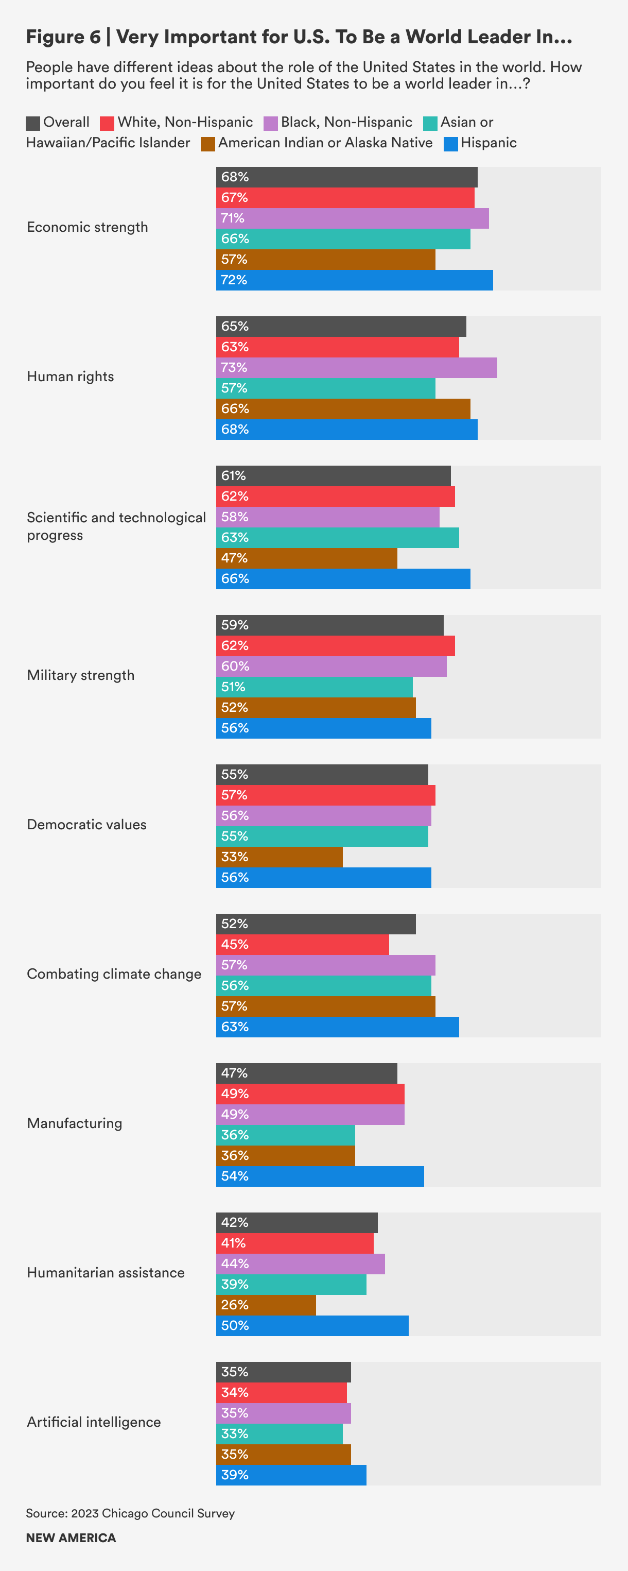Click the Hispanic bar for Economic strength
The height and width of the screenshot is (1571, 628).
point(354,280)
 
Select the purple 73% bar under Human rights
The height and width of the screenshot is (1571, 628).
point(356,368)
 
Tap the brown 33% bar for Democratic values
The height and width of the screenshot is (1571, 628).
point(279,857)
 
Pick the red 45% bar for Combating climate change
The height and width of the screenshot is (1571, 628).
point(302,945)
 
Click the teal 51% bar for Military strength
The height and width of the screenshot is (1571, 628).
point(314,687)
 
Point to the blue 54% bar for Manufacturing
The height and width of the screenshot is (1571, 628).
point(320,1176)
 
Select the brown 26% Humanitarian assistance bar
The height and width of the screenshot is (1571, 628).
point(266,1305)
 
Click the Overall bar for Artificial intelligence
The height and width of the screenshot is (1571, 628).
point(284,1372)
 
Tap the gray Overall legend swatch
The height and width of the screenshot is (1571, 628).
point(33,123)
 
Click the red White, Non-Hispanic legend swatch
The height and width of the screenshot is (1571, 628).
point(107,123)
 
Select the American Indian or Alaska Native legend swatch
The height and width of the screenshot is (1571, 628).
point(208,144)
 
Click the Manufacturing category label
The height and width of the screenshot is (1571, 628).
point(75,1123)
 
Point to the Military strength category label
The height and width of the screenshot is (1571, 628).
point(80,675)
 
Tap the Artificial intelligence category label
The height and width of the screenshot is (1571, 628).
point(94,1422)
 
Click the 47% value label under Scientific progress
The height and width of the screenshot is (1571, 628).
point(234,558)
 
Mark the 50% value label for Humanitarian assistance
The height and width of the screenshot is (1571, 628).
point(235,1326)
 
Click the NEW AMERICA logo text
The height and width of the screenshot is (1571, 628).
point(71,1538)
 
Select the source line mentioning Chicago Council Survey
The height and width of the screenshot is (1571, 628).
point(130,1513)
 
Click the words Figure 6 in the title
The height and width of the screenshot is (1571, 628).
point(63,37)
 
